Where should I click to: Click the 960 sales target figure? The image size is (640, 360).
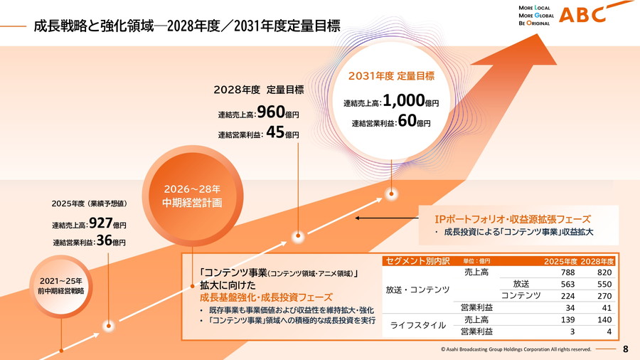[x=270, y=112]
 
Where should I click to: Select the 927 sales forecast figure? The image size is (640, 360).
[x=101, y=223]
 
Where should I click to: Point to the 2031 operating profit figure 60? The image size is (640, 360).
[x=406, y=121]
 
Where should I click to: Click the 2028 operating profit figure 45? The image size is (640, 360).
[x=274, y=133]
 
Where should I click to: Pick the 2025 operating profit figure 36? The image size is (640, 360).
[x=105, y=241]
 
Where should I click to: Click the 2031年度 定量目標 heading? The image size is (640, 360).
[x=391, y=75]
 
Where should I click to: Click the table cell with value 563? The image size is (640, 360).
[x=567, y=283]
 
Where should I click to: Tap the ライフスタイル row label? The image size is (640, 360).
[x=418, y=325]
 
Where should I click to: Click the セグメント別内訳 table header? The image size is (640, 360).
[x=417, y=260]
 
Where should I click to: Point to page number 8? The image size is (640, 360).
[x=626, y=349]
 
